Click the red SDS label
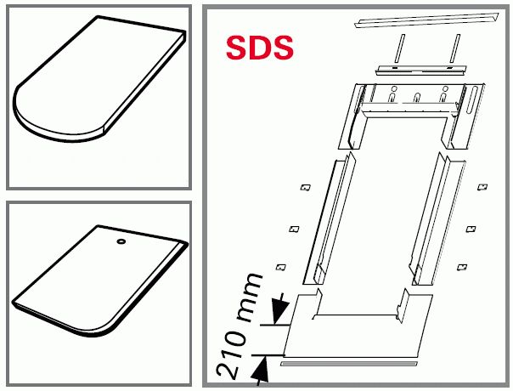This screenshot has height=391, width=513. point(259,48)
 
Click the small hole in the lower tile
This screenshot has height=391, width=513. point(121,241)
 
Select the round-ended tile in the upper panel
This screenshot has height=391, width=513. point(99,78)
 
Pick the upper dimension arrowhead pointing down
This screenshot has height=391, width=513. point(280,309)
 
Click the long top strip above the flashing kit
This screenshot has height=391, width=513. point(426,20)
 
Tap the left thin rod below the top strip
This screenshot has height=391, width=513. point(399,48)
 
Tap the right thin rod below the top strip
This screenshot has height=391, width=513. point(455,48)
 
